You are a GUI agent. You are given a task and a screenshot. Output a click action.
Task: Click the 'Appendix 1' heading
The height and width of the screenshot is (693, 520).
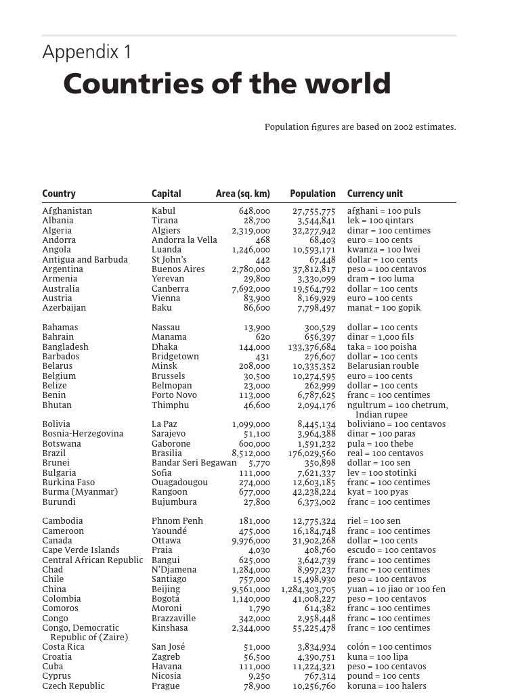click(x=87, y=53)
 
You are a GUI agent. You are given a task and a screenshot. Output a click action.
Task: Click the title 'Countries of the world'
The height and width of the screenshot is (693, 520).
click(x=227, y=85)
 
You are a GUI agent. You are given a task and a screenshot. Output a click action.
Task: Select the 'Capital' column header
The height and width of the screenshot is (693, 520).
click(x=167, y=194)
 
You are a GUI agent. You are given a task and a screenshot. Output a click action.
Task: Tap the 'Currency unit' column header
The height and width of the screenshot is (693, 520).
click(x=375, y=194)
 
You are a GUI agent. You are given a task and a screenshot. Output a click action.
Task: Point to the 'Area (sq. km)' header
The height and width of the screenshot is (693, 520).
click(x=243, y=194)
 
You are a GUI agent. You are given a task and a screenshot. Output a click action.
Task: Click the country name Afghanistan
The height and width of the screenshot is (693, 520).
click(x=67, y=211)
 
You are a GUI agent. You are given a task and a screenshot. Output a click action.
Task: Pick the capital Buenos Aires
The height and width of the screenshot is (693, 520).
click(x=178, y=269)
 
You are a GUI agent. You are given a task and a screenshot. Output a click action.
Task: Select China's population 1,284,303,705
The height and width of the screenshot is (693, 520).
click(x=308, y=589)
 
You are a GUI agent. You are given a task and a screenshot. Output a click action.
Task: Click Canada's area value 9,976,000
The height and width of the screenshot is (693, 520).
click(x=251, y=541)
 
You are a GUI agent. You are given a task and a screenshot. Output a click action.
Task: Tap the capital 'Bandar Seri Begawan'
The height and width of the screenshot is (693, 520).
click(x=194, y=464)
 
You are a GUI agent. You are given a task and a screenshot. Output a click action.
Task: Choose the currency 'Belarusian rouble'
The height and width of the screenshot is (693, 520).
click(x=383, y=366)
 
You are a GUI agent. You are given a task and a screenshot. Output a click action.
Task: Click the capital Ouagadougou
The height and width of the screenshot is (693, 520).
click(x=180, y=483)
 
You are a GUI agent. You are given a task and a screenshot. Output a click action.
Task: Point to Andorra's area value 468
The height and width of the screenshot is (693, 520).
click(x=262, y=240)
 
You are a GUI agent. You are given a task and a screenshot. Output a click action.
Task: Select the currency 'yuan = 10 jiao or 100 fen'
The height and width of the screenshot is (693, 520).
click(x=396, y=589)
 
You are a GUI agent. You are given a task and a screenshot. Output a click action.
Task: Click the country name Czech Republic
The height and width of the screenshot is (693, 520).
click(x=73, y=686)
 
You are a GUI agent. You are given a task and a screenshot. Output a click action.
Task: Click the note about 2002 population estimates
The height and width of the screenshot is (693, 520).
click(x=360, y=127)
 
